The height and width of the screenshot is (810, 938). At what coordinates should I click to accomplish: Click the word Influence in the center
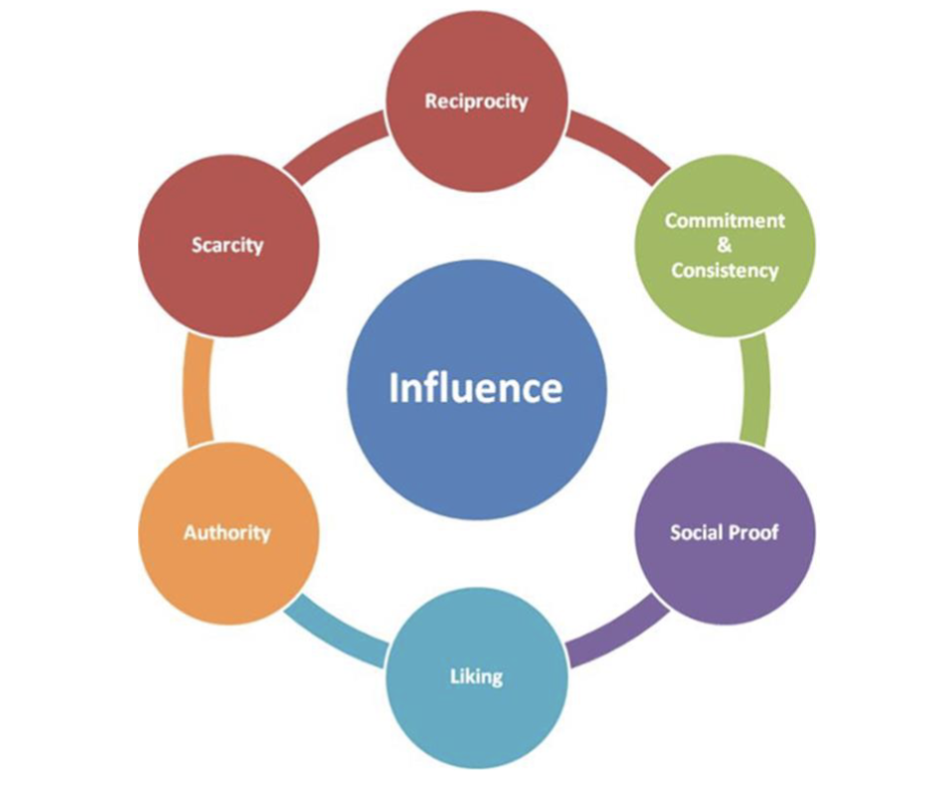point(476,386)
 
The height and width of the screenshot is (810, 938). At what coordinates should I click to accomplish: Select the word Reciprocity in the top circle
point(476,101)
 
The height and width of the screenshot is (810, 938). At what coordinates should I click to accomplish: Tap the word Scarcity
point(228,244)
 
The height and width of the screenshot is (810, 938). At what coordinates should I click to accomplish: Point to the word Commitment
point(725,220)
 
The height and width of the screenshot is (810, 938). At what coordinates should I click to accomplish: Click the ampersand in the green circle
point(725,245)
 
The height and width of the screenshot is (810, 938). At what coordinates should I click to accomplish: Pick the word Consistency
point(725,270)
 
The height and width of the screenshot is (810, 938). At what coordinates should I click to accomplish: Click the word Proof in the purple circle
point(756,532)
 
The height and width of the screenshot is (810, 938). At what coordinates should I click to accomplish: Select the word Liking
point(476,677)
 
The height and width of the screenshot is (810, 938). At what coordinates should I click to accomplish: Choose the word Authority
point(227,532)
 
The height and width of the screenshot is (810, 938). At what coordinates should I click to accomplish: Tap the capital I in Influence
point(394,386)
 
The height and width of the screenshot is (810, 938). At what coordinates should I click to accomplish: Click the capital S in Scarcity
point(197,244)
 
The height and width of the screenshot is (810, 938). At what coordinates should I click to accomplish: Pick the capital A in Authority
point(190,532)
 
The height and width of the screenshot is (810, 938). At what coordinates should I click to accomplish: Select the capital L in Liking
point(453,677)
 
